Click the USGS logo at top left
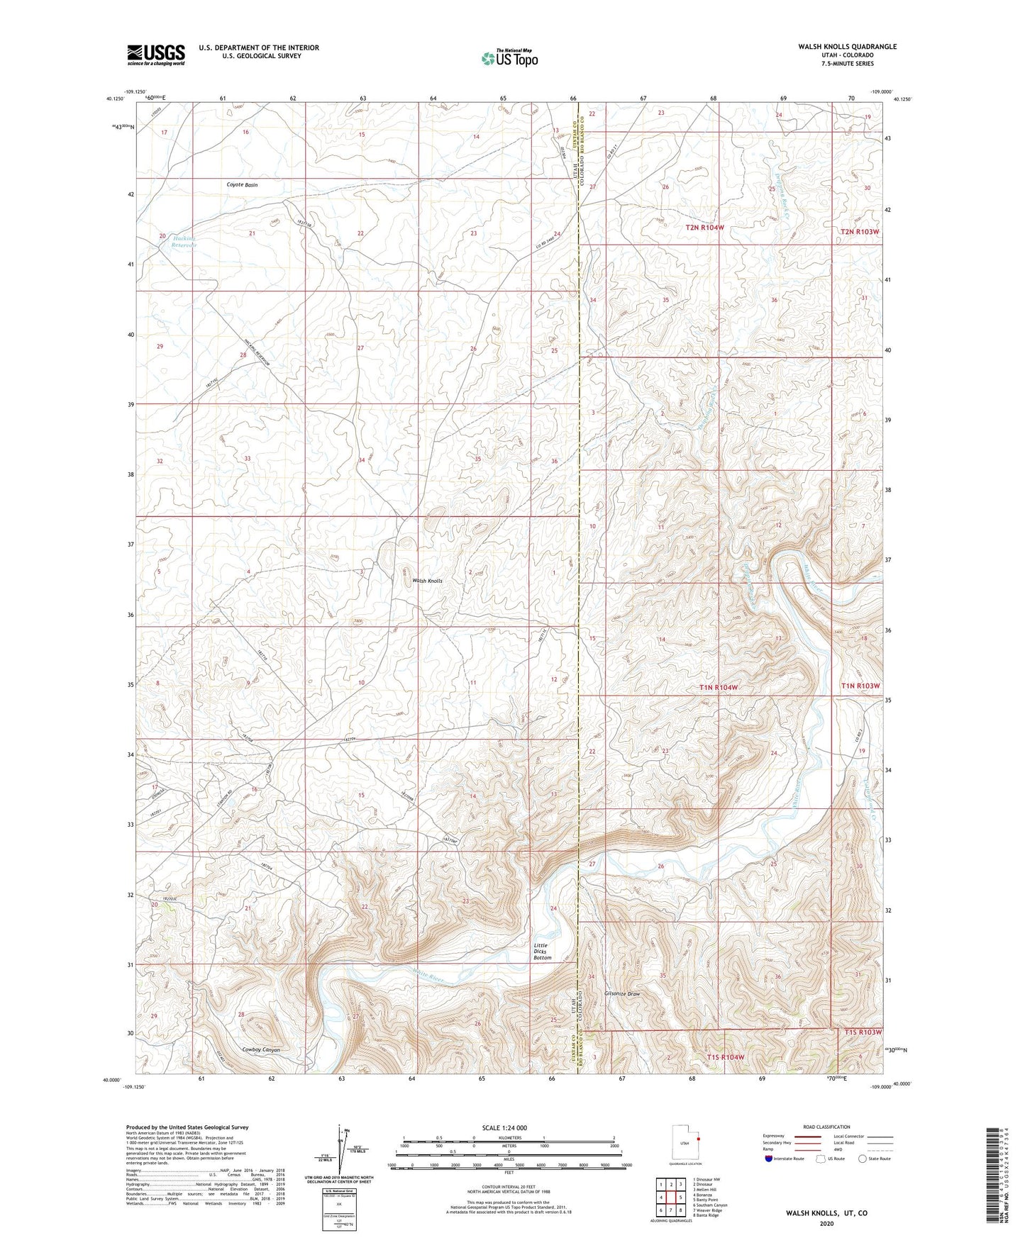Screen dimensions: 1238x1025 (155, 54)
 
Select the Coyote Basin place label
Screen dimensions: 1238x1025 (242, 184)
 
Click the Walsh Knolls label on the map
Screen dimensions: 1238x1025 (427, 581)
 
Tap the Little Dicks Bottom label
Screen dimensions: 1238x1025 (543, 952)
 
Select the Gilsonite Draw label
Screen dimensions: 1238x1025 (623, 994)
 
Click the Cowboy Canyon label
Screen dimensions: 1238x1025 (260, 1049)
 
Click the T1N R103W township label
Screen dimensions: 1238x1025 (860, 686)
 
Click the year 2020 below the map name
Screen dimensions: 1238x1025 (826, 1223)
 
